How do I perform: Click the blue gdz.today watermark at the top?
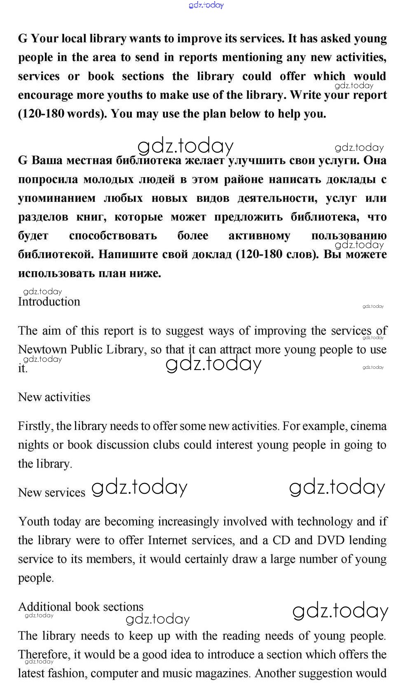(206, 5)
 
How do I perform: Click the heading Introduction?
(49, 302)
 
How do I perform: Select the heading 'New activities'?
(54, 397)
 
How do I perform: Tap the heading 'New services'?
(51, 492)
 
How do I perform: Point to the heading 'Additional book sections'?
(81, 607)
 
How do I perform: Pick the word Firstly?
(35, 426)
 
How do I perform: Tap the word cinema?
(368, 426)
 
